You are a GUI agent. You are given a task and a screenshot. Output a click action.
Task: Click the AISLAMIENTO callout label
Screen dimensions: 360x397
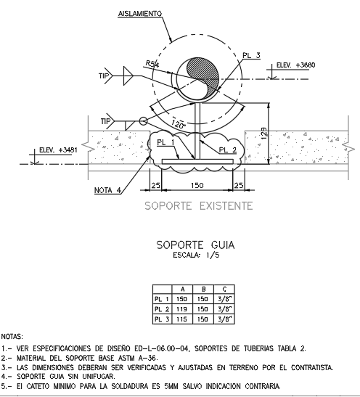pos(140,14)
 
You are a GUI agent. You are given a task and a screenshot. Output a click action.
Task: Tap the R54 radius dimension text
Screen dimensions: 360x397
pos(152,64)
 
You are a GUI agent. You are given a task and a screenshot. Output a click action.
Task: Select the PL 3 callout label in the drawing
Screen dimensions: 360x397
pos(251,55)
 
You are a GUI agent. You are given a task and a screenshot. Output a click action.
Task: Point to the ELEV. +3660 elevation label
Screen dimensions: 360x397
pos(295,65)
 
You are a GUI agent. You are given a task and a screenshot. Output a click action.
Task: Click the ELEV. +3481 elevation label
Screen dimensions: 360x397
pos(58,150)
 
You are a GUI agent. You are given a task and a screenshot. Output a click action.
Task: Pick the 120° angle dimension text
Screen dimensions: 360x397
pos(179,125)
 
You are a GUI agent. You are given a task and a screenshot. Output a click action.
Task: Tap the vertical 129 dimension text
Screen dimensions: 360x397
pos(263,134)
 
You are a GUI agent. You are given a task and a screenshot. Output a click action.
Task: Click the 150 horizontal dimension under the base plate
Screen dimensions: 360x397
pos(197,186)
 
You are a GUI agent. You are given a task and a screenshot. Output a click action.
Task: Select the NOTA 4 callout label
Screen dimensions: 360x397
pos(107,190)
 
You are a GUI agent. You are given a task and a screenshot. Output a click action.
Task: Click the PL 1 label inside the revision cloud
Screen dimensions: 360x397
pos(165,142)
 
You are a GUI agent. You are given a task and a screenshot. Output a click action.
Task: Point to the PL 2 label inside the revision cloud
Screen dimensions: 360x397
pos(228,150)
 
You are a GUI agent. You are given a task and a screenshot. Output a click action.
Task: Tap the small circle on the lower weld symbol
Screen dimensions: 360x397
pos(143,121)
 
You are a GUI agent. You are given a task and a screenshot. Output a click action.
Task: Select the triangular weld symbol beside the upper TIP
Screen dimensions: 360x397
pos(128,75)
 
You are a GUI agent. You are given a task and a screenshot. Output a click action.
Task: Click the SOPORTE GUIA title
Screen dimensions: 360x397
pos(195,245)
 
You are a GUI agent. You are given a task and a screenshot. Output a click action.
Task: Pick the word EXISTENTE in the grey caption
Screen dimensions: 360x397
pos(226,206)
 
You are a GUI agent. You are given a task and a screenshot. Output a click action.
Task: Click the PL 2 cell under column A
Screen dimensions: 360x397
pos(182,309)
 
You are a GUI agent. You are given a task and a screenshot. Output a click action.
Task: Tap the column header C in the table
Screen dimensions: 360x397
pos(224,289)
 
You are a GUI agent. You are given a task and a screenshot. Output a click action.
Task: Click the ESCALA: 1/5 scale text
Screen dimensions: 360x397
pos(196,255)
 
